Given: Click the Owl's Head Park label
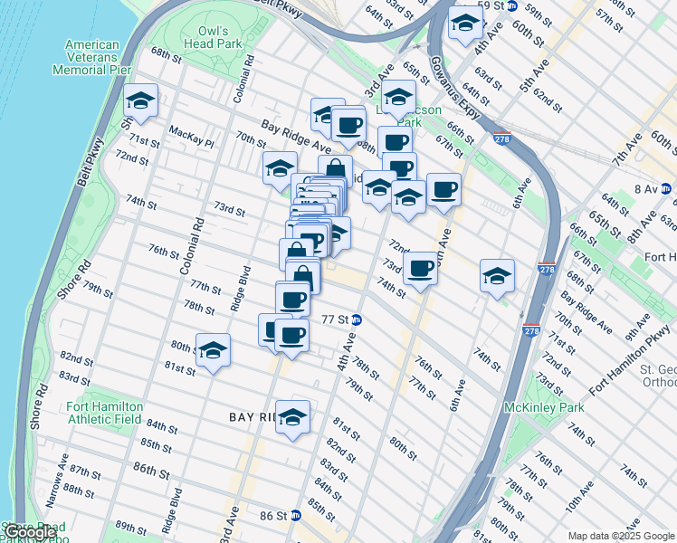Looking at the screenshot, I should tap(220, 36).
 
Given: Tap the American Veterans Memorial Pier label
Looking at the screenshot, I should tap(92, 56).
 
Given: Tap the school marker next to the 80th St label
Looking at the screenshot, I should tap(213, 350).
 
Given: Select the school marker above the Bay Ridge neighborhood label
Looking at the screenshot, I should tap(292, 416).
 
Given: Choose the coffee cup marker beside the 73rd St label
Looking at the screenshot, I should tap(420, 269).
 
